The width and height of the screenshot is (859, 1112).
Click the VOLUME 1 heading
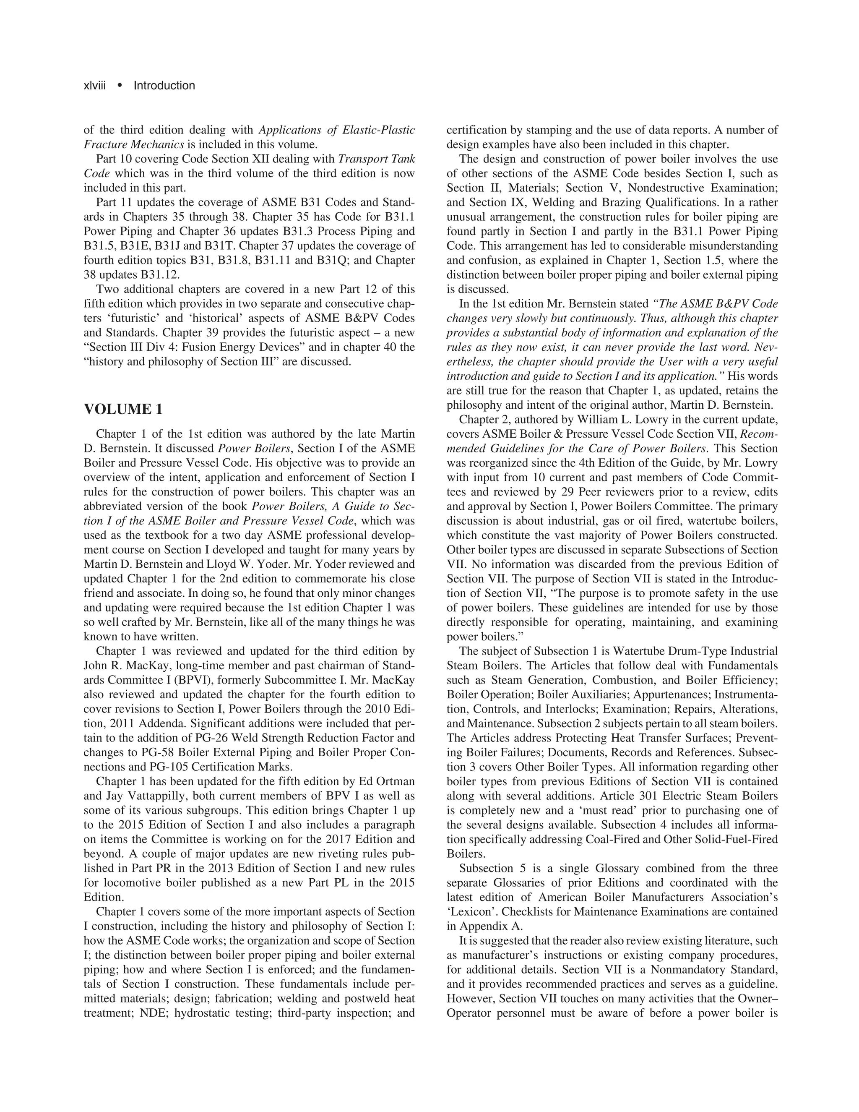[x=123, y=410]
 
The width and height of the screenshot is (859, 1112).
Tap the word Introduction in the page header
[x=164, y=86]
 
